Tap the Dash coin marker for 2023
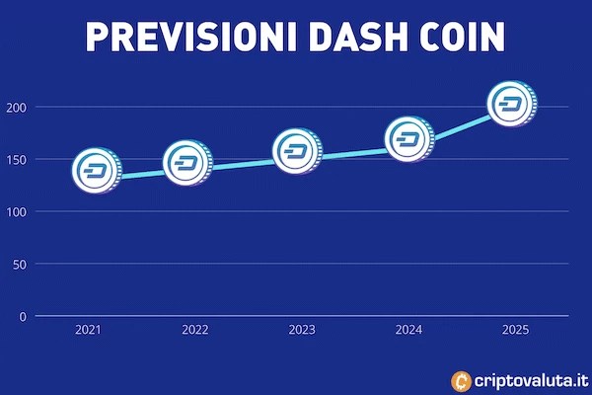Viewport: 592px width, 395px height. pos(296,152)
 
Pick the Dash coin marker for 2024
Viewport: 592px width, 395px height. pos(407,140)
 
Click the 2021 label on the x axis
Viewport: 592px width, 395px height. pos(88,331)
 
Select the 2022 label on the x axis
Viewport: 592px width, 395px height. pos(195,331)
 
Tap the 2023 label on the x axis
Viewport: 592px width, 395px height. pos(302,331)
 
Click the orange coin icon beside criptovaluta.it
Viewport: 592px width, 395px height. pos(460,379)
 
